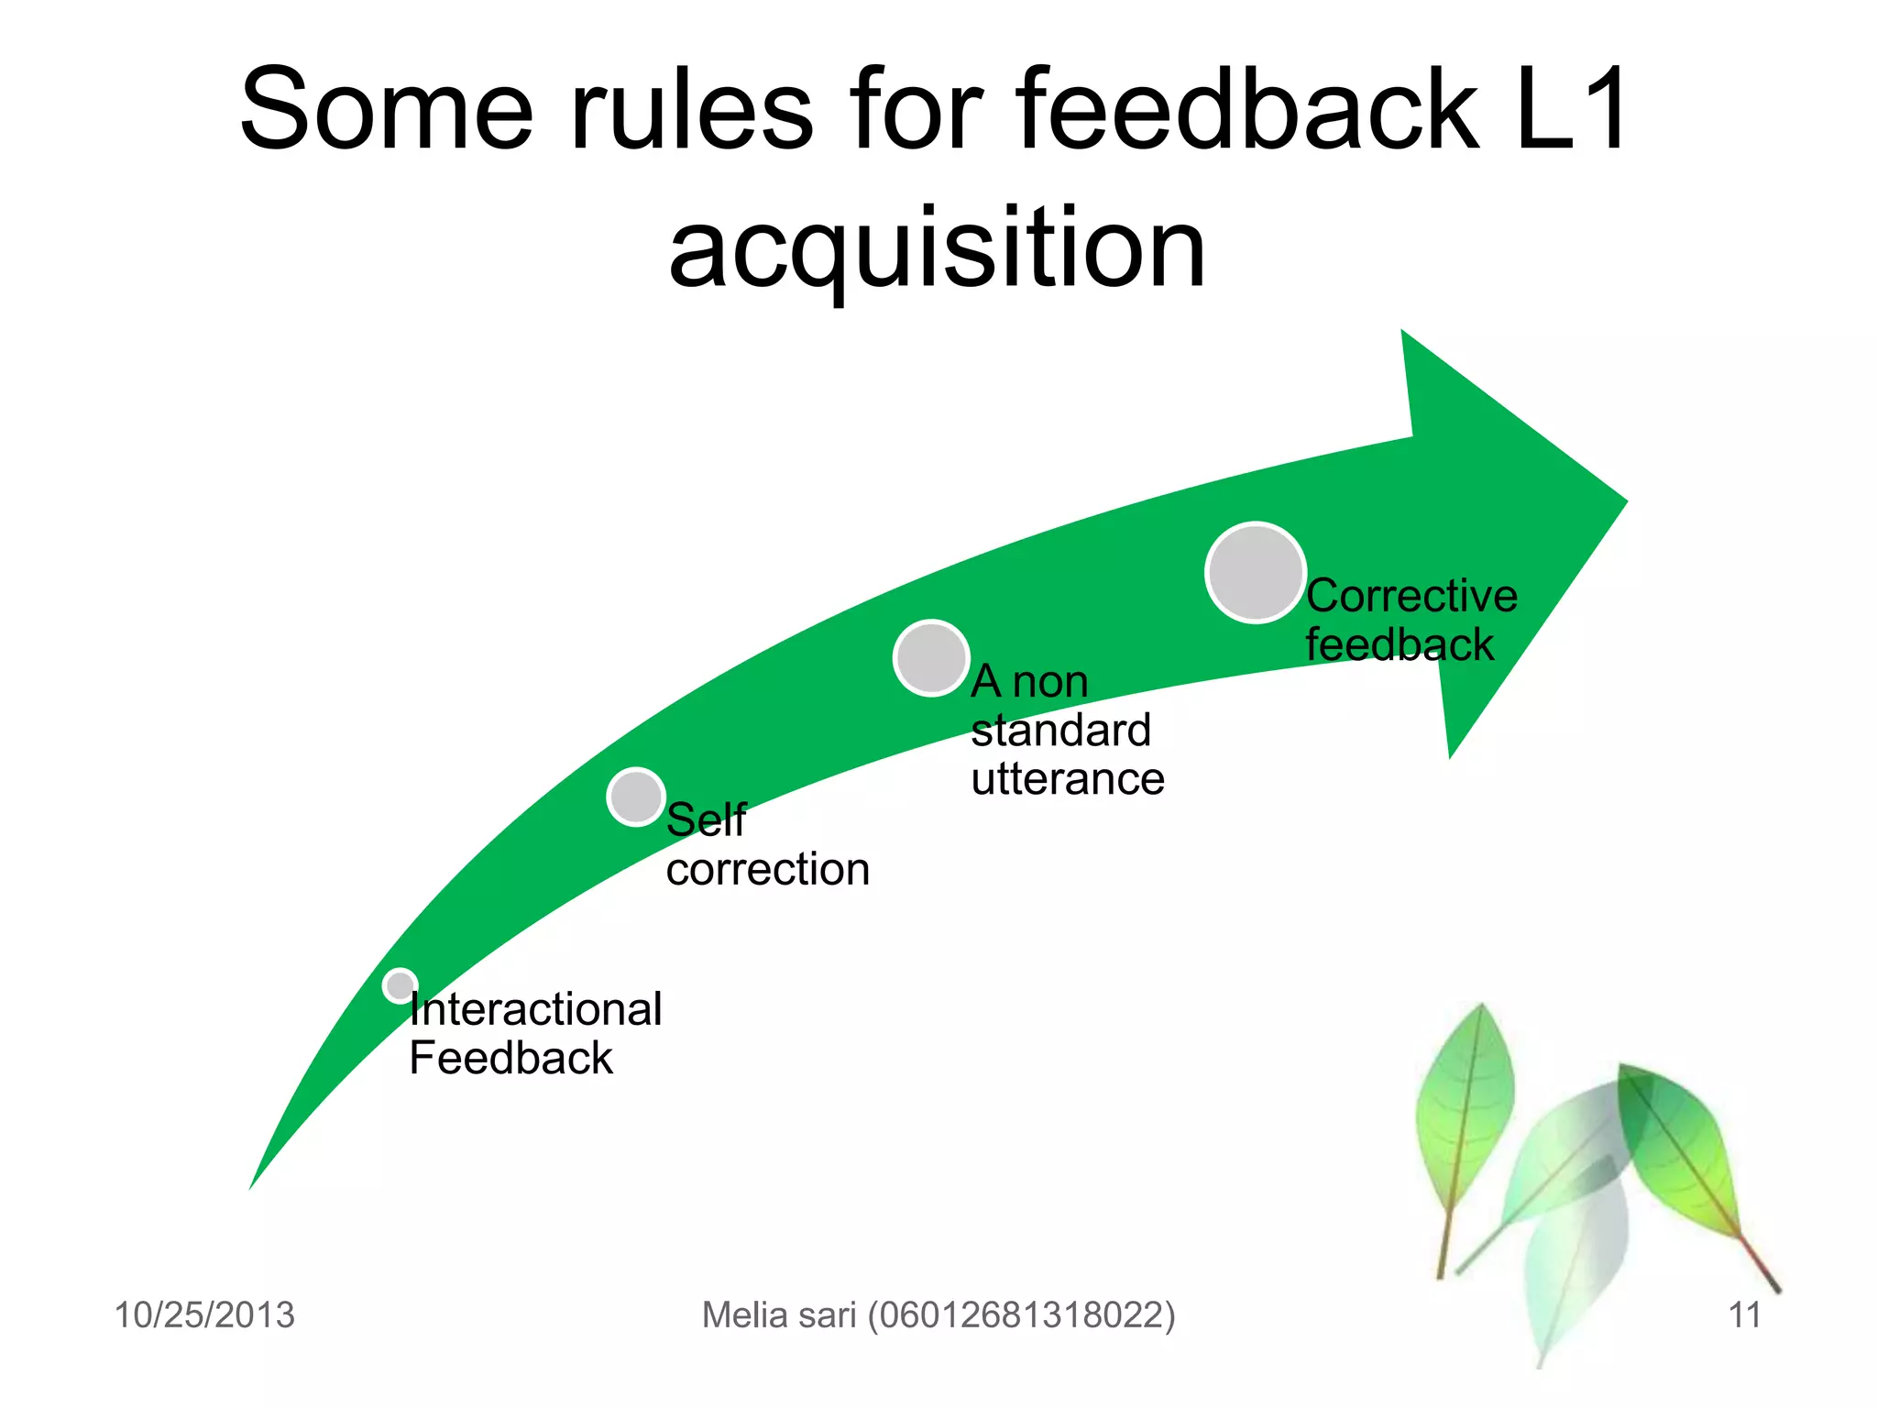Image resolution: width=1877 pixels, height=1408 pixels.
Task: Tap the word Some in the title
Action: pos(386,110)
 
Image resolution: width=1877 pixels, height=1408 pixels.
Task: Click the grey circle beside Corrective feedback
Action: pos(1255,573)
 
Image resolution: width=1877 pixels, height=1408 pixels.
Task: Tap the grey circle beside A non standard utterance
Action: pos(931,658)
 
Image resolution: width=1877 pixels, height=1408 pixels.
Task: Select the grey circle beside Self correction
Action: pos(635,797)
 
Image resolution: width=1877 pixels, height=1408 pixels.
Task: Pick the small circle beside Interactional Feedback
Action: pos(400,985)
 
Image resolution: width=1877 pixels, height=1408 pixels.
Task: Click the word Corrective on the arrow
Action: pos(1411,597)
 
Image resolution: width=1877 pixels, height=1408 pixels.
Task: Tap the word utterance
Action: pos(1068,779)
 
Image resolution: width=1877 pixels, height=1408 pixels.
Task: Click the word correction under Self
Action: pos(767,869)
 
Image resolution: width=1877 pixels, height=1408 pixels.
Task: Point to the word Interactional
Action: pos(535,1009)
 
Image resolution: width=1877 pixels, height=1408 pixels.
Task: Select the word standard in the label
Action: pos(1060,731)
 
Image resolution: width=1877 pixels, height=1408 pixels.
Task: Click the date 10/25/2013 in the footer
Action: pos(204,1314)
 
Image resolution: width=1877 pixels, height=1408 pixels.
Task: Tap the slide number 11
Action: pos(1744,1314)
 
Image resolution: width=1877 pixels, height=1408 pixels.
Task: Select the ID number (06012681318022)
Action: pos(1021,1314)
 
